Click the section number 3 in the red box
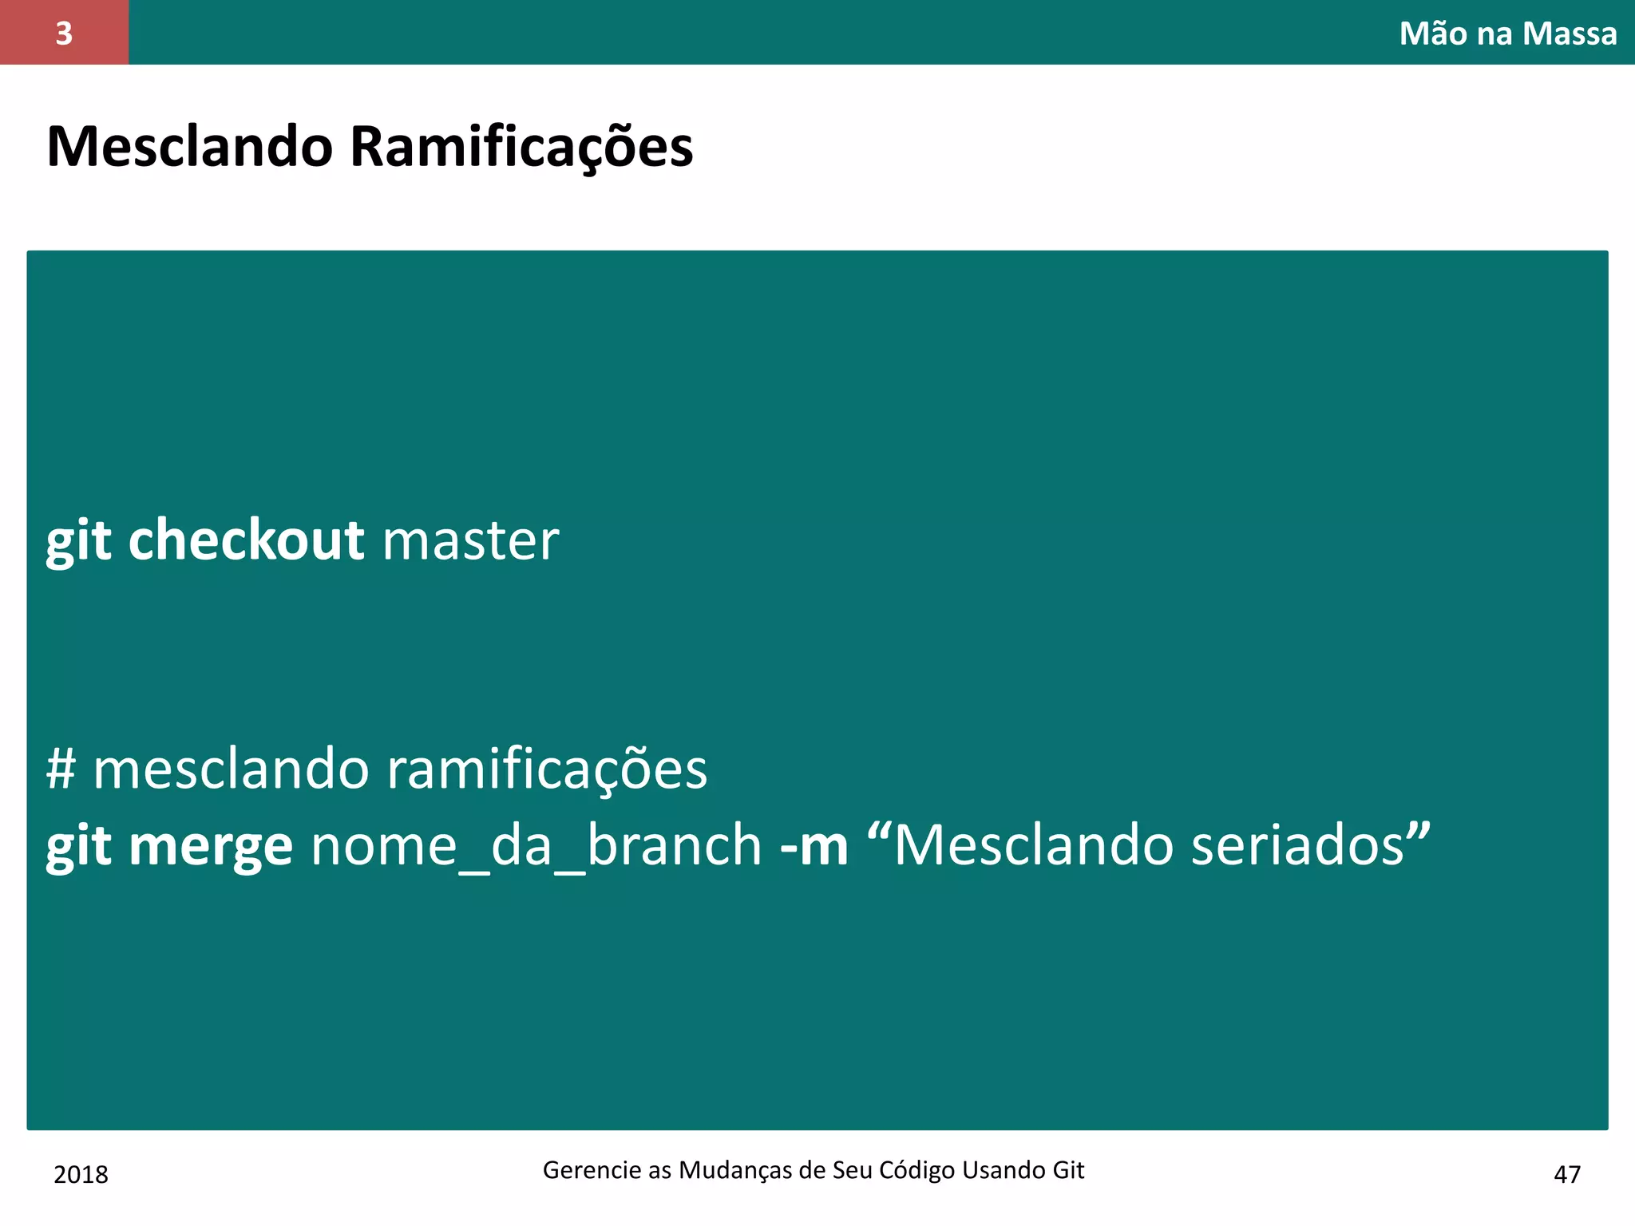point(64,34)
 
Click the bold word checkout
point(246,540)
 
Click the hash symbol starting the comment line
point(61,769)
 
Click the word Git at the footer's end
point(1068,1170)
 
